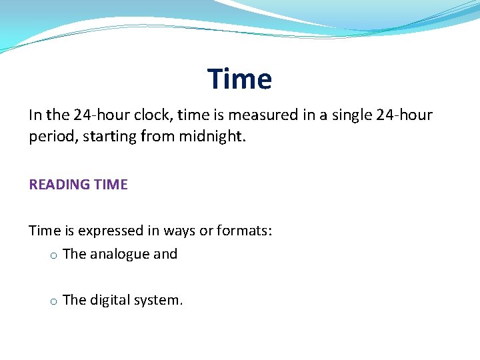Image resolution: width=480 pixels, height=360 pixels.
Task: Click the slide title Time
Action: pyautogui.click(x=239, y=79)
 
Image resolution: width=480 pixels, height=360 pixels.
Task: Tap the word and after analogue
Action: pyautogui.click(x=165, y=254)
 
